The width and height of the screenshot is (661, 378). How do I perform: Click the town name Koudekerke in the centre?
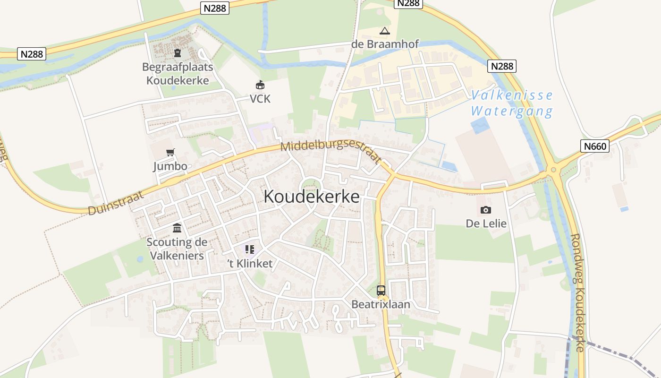(312, 196)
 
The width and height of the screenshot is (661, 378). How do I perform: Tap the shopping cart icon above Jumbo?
(170, 152)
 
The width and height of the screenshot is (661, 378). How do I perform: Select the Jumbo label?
(170, 166)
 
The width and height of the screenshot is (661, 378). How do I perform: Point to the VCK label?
(260, 99)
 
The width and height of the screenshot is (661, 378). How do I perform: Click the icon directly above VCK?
(260, 85)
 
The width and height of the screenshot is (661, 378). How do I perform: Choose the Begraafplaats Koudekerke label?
(178, 74)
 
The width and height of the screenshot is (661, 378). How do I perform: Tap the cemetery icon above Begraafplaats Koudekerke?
(178, 52)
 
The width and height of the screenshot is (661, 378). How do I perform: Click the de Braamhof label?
(385, 44)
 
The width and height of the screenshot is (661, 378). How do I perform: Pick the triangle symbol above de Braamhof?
(385, 31)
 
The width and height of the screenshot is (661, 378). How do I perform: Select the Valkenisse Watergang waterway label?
(512, 103)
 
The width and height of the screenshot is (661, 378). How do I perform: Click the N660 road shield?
(595, 146)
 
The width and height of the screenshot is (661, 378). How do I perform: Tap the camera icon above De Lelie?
(485, 210)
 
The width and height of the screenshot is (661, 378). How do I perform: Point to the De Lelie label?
(486, 223)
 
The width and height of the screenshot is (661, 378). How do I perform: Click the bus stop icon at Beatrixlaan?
(381, 291)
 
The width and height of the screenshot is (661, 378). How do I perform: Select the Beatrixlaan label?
(381, 304)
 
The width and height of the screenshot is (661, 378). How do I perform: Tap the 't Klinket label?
(250, 264)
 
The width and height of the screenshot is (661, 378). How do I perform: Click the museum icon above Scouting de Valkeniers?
(177, 228)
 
